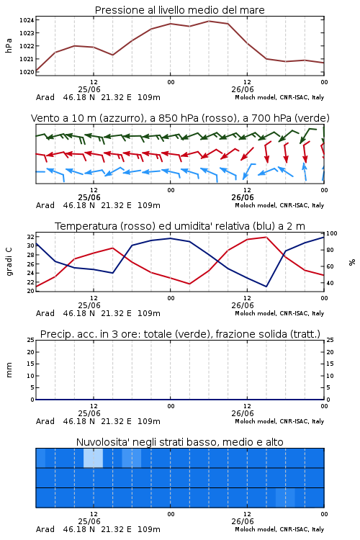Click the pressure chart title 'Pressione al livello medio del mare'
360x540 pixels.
(179, 10)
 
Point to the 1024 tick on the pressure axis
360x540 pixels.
(27, 20)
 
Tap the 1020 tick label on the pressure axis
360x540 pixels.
(27, 72)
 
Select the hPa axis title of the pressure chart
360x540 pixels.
(9, 45)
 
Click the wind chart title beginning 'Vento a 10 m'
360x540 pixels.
(180, 118)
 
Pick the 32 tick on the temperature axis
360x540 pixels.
(31, 237)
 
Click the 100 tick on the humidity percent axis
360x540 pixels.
(332, 233)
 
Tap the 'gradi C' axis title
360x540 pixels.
(9, 262)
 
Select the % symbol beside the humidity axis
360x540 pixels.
(352, 262)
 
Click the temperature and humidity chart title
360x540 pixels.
(180, 226)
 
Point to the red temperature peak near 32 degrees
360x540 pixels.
(266, 237)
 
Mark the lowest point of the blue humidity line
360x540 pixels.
(266, 287)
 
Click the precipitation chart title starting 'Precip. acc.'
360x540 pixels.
(180, 334)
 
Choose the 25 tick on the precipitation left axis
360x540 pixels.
(31, 340)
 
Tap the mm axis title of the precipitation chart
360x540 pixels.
(9, 370)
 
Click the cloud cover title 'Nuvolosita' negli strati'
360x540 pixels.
(179, 442)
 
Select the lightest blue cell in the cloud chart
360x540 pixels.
(93, 458)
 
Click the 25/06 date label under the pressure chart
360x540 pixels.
(89, 89)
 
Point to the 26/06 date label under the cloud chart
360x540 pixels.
(243, 521)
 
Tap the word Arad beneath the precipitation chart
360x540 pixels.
(45, 421)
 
